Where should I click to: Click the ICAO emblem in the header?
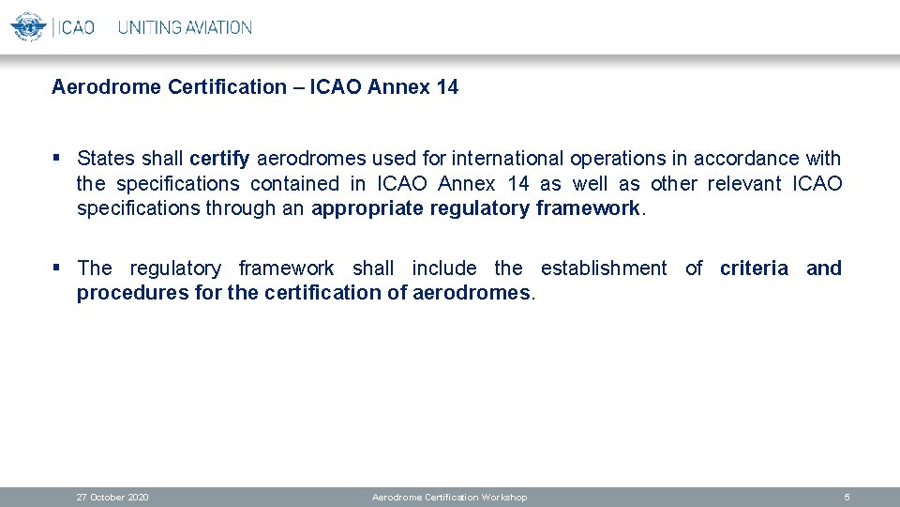(28, 26)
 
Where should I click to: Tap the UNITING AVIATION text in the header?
(185, 27)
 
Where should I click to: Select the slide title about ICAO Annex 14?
(255, 87)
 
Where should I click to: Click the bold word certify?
(219, 159)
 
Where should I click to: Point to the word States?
(106, 159)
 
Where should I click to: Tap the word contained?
(294, 183)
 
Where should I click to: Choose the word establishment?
(604, 269)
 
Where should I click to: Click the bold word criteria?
(754, 269)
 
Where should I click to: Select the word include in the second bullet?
(443, 269)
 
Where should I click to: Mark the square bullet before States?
(57, 158)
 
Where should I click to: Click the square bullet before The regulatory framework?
(57, 268)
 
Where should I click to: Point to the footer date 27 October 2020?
(112, 497)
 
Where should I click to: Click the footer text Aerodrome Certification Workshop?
(449, 497)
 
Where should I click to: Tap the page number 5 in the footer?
(847, 497)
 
